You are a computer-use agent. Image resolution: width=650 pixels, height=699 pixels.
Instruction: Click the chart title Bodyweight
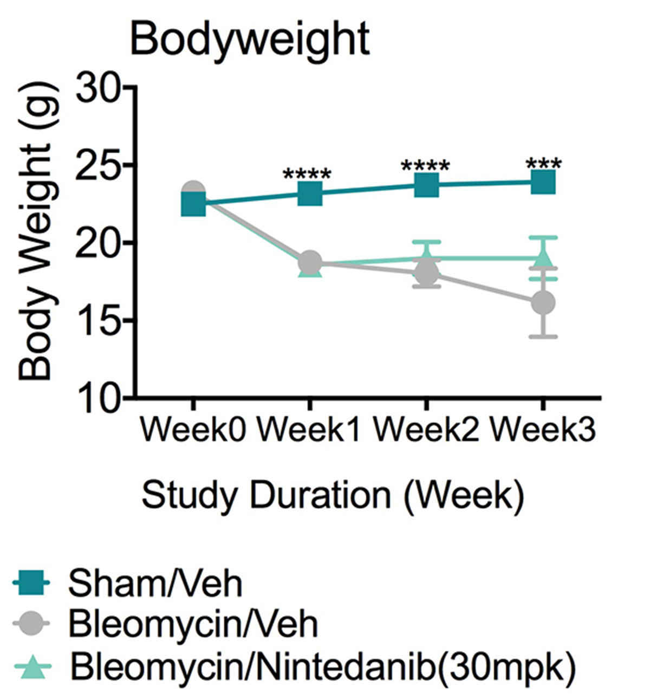(250, 40)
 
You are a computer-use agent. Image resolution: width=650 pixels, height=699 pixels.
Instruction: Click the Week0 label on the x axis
(193, 431)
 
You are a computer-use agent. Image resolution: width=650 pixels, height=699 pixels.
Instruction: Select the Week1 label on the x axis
(309, 431)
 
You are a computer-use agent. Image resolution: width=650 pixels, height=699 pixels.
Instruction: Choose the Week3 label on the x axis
(543, 431)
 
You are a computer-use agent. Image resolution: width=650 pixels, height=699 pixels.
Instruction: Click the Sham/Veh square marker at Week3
(543, 182)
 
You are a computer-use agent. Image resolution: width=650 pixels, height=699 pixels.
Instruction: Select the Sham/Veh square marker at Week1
(310, 193)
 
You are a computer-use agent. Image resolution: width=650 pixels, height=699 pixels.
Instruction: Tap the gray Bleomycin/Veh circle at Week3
(543, 302)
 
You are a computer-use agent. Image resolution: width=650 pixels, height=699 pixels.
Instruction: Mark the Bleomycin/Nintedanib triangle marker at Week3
(543, 257)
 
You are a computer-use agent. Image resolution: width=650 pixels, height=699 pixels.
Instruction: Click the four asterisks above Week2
(425, 166)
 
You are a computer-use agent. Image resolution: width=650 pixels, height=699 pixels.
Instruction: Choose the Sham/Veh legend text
(155, 584)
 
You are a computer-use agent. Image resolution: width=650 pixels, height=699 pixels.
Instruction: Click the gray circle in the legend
(31, 625)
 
